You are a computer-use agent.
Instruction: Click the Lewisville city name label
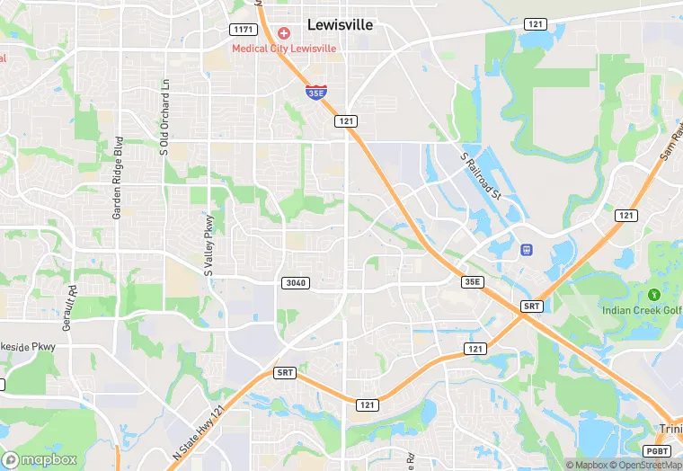click(340, 25)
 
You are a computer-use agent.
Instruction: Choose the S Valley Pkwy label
click(209, 243)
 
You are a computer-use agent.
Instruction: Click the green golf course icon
click(654, 295)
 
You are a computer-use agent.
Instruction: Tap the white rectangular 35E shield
click(473, 282)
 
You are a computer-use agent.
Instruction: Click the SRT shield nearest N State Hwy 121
click(285, 372)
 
